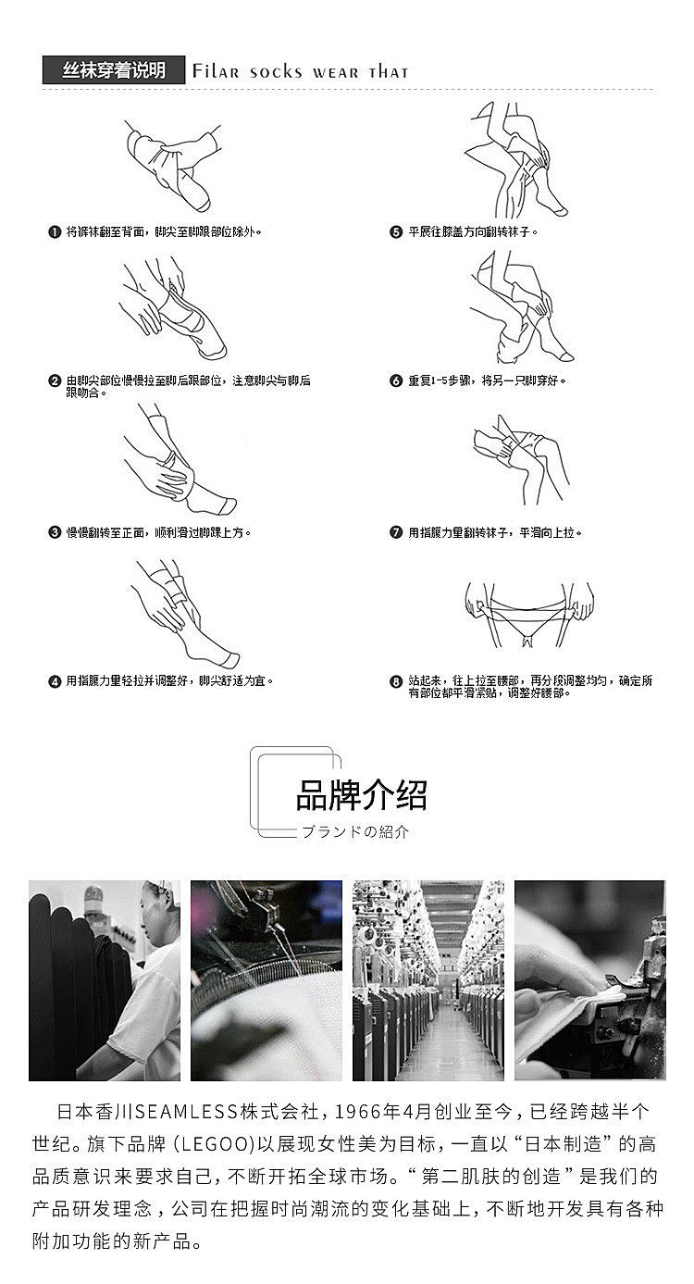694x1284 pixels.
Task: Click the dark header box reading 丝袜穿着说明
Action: pyautogui.click(x=114, y=70)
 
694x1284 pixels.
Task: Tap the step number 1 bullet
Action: pyautogui.click(x=55, y=232)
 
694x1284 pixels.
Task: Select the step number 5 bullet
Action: pyautogui.click(x=396, y=232)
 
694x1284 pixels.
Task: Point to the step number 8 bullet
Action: pyautogui.click(x=396, y=681)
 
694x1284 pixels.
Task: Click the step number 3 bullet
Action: pyautogui.click(x=55, y=532)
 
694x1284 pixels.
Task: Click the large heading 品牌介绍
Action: pyautogui.click(x=362, y=795)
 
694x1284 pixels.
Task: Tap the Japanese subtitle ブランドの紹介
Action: pyautogui.click(x=355, y=831)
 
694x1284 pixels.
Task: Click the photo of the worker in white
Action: pyautogui.click(x=105, y=980)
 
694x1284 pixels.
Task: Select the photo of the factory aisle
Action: pyautogui.click(x=428, y=980)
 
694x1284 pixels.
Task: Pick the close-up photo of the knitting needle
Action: pyautogui.click(x=266, y=980)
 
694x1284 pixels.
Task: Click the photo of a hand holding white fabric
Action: pyautogui.click(x=590, y=980)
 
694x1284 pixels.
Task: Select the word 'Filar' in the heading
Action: pyautogui.click(x=216, y=71)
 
